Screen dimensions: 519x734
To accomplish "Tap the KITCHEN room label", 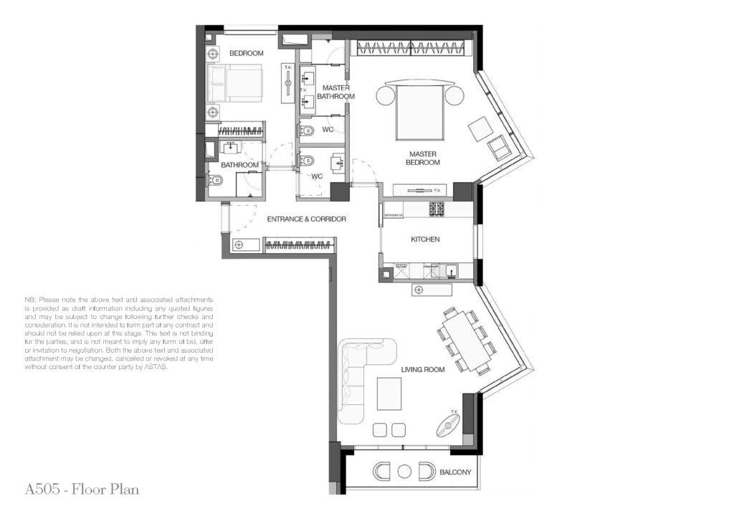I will (x=425, y=239).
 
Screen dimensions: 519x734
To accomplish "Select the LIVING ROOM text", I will (x=423, y=370).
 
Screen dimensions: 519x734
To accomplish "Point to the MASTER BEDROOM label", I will (x=424, y=158).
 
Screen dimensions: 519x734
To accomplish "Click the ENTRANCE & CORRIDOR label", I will (x=306, y=219).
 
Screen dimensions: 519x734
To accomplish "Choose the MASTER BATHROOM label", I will (x=335, y=92).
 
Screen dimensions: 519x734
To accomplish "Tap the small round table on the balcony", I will (x=404, y=472).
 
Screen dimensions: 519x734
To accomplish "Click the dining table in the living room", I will (x=465, y=341).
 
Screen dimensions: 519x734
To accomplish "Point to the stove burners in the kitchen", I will (x=437, y=209).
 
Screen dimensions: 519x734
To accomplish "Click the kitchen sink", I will (x=452, y=272).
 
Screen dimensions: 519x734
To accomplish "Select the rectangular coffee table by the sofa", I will (x=390, y=393).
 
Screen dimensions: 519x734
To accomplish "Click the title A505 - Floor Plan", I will (x=82, y=490).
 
